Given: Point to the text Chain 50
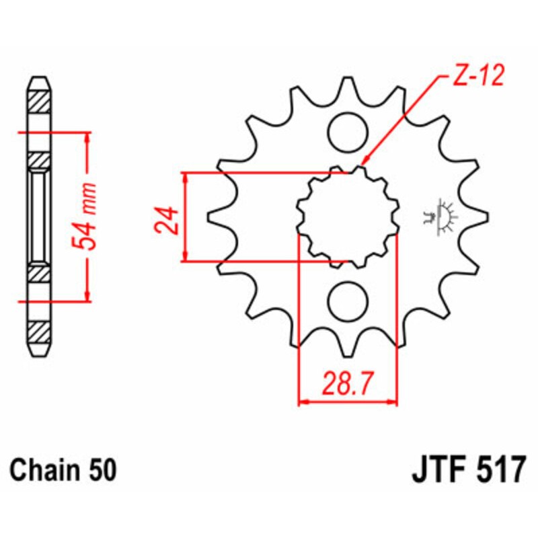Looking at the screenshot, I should (63, 469).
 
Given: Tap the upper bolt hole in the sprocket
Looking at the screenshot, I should (348, 129).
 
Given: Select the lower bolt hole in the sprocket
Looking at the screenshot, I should (348, 298).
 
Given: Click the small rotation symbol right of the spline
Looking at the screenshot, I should (440, 217).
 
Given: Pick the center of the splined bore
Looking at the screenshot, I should (348, 215).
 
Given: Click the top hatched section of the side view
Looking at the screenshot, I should (39, 101).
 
